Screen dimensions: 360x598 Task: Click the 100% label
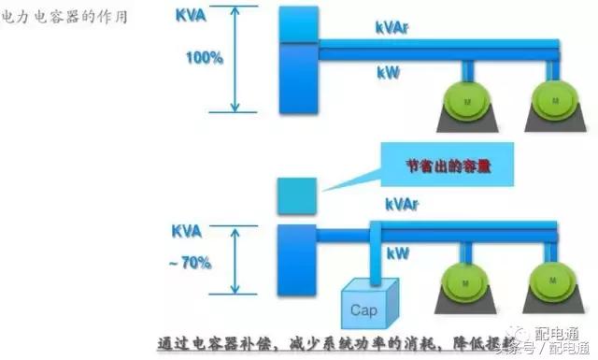point(205,58)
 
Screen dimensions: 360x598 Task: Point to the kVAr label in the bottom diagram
point(403,203)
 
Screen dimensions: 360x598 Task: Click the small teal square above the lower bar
point(294,195)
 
